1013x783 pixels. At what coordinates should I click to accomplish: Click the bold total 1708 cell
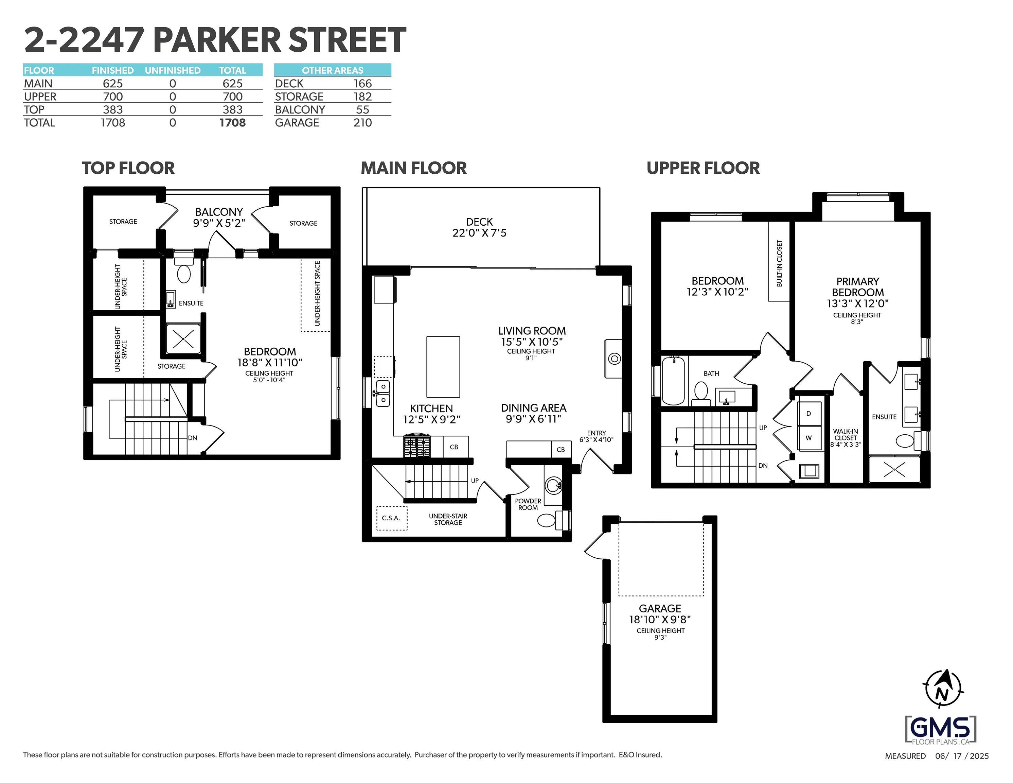pos(232,123)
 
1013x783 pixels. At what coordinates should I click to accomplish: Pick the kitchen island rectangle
pos(443,367)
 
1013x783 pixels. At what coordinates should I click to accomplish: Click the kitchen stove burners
pos(417,446)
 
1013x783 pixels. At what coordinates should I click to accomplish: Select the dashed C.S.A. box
pos(391,518)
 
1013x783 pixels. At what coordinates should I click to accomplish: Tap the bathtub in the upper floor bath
pos(673,381)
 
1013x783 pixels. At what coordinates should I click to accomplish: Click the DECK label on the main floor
pos(479,222)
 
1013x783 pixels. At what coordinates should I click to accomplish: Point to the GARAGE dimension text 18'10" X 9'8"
pos(660,620)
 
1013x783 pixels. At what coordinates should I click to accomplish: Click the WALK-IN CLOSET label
pos(846,434)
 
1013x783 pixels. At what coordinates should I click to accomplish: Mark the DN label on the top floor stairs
pos(193,438)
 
